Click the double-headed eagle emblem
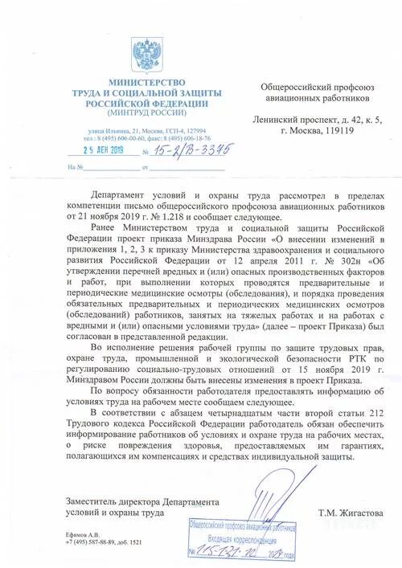[x=148, y=52]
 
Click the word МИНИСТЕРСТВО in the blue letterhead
[x=147, y=83]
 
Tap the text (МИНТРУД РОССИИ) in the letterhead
[x=147, y=113]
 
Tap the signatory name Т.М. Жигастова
[x=351, y=512]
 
